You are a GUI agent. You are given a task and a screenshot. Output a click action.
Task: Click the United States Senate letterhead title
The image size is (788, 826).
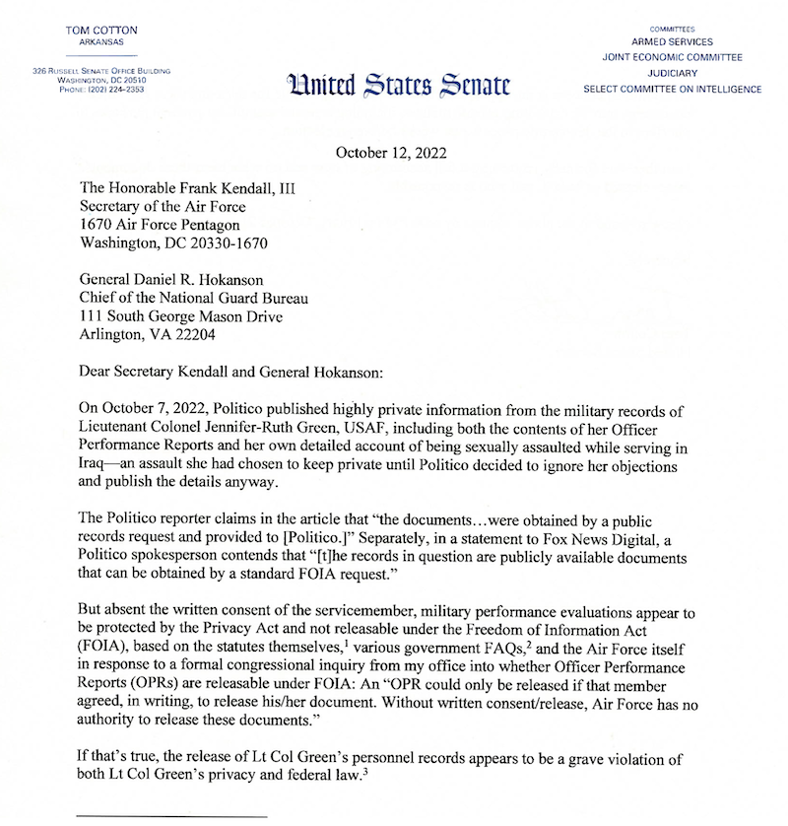pos(398,86)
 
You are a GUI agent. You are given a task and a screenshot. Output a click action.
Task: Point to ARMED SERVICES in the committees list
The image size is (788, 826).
pos(672,42)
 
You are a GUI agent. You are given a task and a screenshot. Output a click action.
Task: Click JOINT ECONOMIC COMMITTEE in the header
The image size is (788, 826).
pos(672,57)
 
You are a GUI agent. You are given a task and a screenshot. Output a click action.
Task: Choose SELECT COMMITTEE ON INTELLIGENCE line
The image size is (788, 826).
pos(672,89)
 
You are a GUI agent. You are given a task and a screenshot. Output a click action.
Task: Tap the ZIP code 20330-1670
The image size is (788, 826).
pos(224,244)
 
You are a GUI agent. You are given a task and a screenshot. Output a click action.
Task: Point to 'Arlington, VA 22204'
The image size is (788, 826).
pos(146,337)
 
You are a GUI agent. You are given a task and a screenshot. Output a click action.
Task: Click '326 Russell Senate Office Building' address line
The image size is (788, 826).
pos(101,71)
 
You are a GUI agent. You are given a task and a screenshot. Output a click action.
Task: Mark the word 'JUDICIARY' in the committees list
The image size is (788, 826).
pos(672,73)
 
